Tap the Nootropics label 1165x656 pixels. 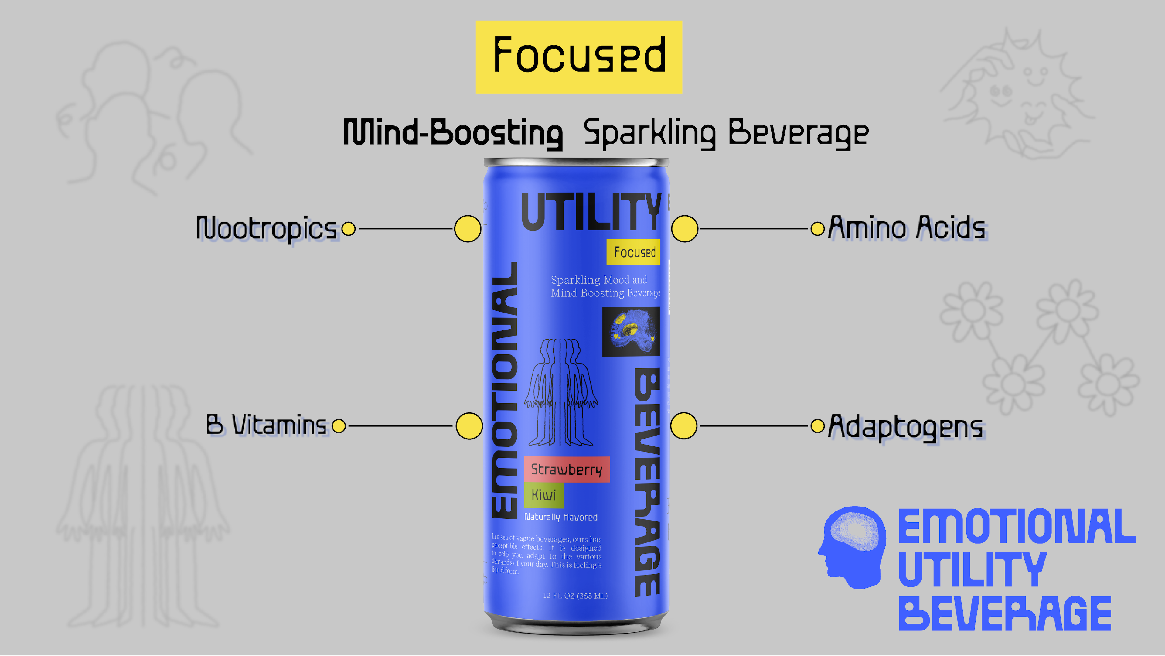[x=267, y=228]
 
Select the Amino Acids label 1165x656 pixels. [x=907, y=227]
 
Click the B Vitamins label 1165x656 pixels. [x=266, y=425]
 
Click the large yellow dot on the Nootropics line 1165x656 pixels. [x=467, y=229]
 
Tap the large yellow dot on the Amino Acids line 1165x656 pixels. [x=685, y=229]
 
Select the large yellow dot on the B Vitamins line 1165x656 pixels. [x=469, y=426]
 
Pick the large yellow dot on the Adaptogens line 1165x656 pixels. [x=683, y=426]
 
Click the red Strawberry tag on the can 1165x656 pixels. [x=567, y=470]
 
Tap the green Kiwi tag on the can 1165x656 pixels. [x=543, y=495]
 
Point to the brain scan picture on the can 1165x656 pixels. [x=631, y=332]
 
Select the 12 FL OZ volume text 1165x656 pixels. [x=575, y=596]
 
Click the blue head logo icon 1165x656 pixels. [x=853, y=547]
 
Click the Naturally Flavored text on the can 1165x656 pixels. [x=561, y=517]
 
